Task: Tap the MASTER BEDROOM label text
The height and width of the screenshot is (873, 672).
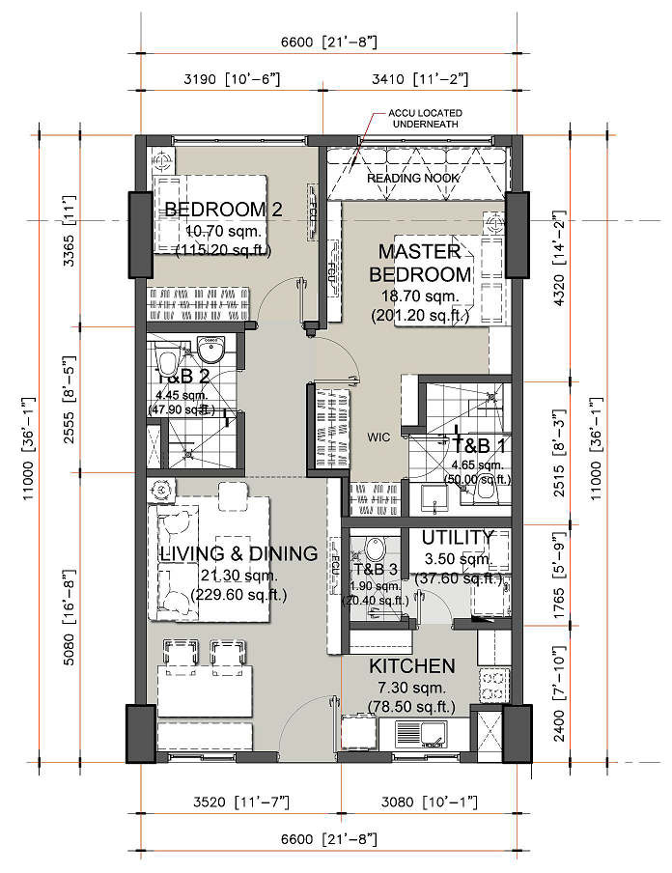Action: pos(420,263)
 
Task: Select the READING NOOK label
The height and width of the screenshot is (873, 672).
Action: pos(412,178)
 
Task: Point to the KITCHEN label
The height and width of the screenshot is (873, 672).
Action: pos(411,666)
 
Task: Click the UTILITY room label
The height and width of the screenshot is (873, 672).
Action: pos(459,537)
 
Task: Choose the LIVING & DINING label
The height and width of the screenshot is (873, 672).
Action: pos(238,554)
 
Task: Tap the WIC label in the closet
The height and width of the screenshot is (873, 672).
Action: pos(378,436)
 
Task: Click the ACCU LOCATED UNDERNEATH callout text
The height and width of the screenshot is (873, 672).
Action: pos(422,119)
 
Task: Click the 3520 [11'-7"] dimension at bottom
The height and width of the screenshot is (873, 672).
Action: pos(231,802)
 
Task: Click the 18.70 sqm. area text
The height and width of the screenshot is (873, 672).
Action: pos(420,296)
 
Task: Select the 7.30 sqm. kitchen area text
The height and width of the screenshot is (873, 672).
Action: pos(411,689)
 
